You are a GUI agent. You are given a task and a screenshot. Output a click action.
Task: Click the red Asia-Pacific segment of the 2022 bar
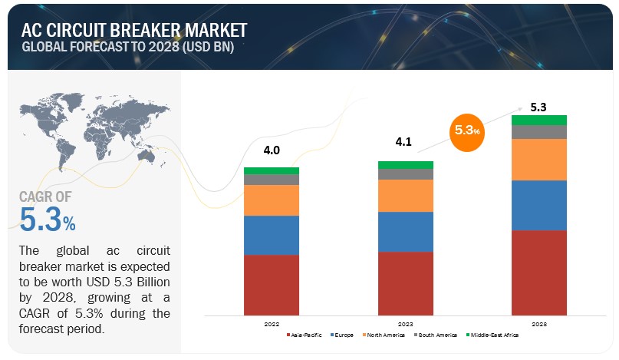272,285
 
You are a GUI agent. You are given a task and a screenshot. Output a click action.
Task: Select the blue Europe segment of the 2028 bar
538,205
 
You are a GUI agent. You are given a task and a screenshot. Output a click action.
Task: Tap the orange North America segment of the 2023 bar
406,196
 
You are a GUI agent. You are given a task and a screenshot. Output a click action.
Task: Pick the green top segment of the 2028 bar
538,120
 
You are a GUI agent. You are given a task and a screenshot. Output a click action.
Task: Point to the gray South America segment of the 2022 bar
272,180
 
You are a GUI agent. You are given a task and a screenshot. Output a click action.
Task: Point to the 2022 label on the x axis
272,324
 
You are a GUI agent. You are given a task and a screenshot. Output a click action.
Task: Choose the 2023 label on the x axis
406,324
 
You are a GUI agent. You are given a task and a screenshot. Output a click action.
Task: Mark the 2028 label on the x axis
538,324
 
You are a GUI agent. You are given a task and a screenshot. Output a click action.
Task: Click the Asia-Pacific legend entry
305,335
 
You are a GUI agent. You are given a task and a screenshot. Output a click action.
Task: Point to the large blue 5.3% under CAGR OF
48,221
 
